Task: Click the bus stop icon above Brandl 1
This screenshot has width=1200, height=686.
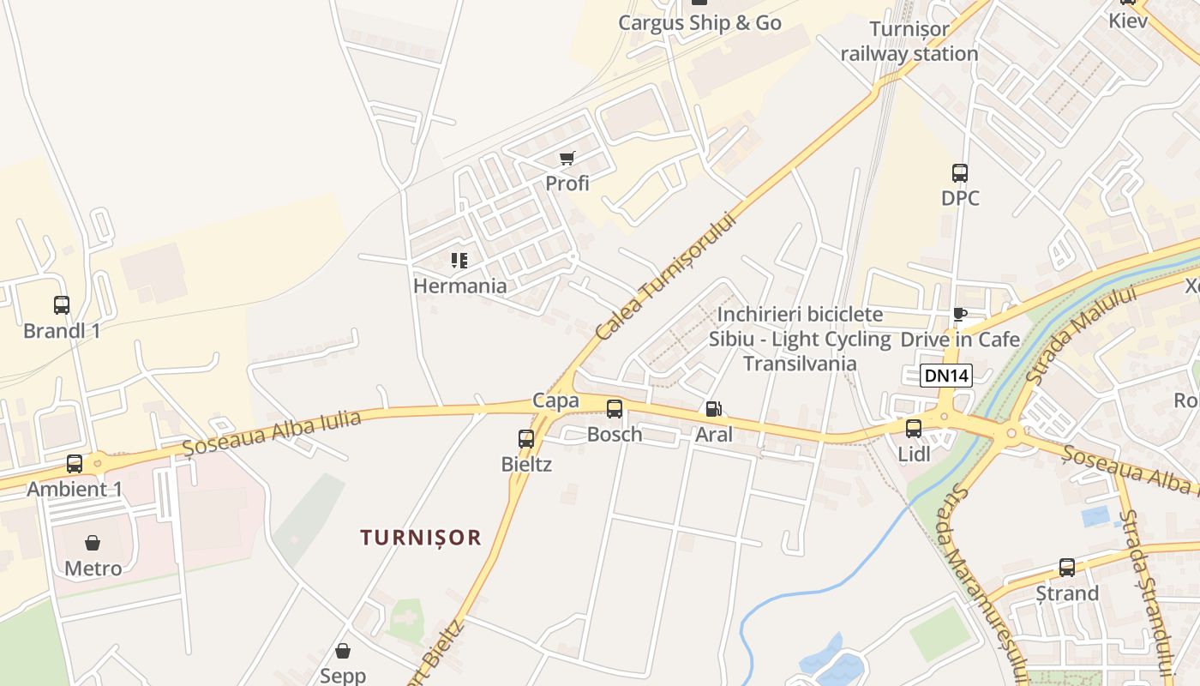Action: point(62,304)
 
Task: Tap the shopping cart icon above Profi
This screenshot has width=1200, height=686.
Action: point(567,158)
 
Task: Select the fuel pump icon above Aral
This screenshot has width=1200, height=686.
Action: point(713,409)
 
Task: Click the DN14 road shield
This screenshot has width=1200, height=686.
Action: point(946,376)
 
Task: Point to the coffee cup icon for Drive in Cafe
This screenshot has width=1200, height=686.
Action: point(959,315)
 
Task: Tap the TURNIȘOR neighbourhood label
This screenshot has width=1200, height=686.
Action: point(421,538)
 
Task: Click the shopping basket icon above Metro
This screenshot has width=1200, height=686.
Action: point(93,543)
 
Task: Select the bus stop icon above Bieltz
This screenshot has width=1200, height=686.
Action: point(526,439)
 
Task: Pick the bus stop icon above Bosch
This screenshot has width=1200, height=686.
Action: point(615,409)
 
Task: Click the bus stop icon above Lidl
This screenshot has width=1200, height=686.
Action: point(914,428)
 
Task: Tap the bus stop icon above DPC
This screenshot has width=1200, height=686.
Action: point(960,173)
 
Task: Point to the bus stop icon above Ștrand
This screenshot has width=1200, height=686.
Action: point(1067,568)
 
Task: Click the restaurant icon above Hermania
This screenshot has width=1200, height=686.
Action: point(459,261)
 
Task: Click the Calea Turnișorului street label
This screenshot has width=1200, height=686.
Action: point(668,275)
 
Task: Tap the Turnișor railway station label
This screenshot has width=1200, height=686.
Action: point(909,41)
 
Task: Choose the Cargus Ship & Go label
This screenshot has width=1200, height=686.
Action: point(699,23)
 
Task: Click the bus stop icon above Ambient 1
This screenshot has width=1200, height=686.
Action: point(75,464)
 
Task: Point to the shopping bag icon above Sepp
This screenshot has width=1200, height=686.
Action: point(343,651)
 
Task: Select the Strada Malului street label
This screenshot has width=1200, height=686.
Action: point(1081,334)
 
